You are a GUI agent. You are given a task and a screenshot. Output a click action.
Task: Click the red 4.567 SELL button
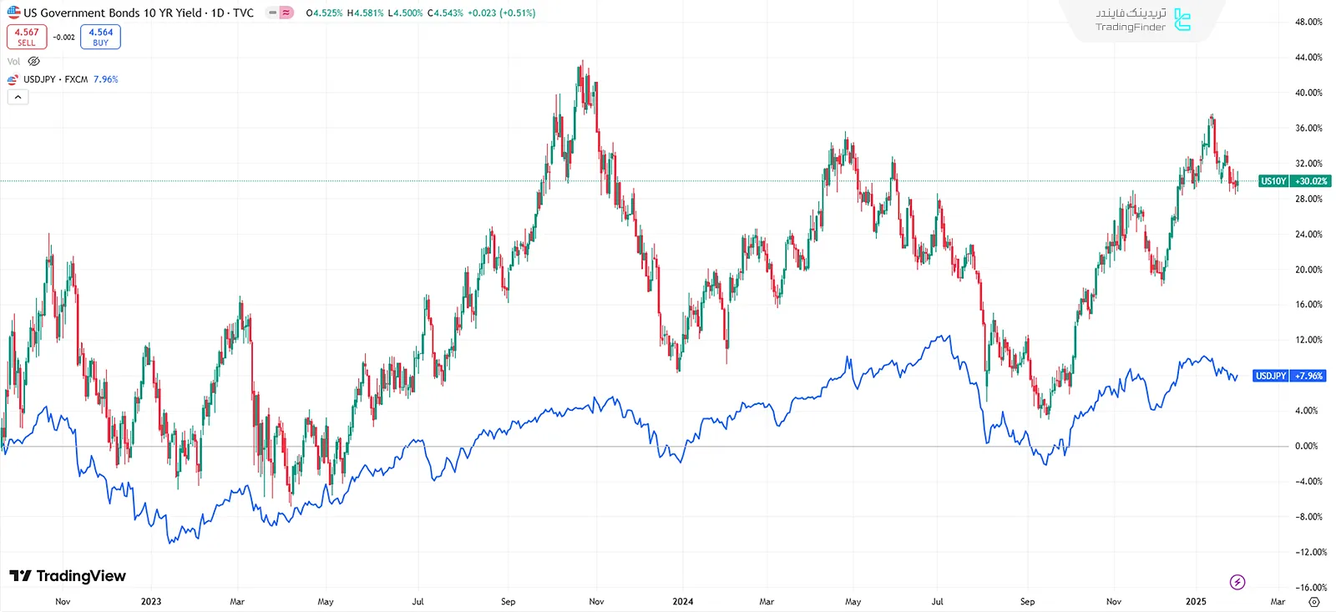point(27,37)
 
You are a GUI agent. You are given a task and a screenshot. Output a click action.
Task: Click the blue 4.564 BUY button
point(100,37)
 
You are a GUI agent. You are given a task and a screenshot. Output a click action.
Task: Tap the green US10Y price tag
point(1273,181)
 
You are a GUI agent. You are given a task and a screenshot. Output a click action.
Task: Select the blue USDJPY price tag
point(1270,376)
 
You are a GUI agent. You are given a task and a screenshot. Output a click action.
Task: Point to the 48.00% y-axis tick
point(1308,22)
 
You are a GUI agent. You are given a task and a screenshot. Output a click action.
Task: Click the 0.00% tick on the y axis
point(1307,446)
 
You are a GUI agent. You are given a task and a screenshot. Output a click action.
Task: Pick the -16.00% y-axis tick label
point(1310,587)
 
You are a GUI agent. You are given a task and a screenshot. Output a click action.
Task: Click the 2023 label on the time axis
point(151,601)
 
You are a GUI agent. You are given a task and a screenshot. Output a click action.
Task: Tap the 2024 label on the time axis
point(683,601)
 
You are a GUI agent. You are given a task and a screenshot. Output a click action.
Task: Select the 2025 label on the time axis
point(1196,601)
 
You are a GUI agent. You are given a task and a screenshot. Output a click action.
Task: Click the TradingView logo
point(68,576)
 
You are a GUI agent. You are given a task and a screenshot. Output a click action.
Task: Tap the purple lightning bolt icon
point(1237,582)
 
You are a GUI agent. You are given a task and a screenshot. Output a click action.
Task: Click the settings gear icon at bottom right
point(1314,601)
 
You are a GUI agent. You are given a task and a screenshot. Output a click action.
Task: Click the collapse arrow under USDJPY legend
point(18,97)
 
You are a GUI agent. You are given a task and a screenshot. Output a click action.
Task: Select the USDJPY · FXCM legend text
point(55,79)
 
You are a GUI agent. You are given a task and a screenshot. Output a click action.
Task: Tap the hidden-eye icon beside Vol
point(34,61)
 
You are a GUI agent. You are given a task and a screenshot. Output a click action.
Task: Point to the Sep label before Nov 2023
point(508,601)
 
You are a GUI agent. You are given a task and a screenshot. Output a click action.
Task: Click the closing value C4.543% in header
point(445,13)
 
